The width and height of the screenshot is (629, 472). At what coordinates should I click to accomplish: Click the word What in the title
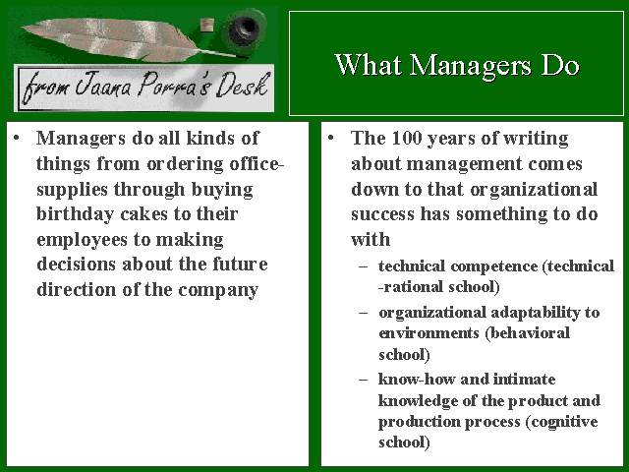click(369, 65)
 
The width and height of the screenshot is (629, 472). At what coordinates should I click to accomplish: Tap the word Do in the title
click(560, 65)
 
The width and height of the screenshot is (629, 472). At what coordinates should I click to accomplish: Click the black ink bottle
click(244, 29)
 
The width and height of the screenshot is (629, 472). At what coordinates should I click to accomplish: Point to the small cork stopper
click(207, 25)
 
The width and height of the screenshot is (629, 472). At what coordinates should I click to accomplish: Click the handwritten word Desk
click(243, 85)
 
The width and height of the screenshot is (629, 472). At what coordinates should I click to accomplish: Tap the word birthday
click(76, 214)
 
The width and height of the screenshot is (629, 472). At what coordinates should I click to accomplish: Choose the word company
click(218, 291)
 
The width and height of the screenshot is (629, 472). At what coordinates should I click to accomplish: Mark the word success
click(382, 214)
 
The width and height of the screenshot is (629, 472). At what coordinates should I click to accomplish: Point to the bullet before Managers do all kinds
click(17, 139)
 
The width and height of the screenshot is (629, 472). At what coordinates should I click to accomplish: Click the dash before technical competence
click(364, 266)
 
